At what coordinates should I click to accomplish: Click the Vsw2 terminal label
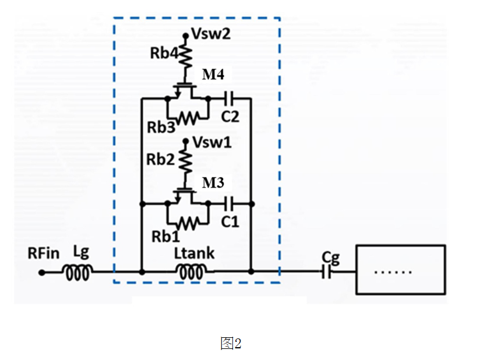[x=211, y=34]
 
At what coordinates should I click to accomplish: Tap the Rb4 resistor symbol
[x=186, y=55]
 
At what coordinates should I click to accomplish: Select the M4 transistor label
[x=213, y=75]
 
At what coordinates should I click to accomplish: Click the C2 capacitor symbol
[x=230, y=99]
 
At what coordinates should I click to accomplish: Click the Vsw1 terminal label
[x=212, y=143]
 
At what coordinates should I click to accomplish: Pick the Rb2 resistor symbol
[x=186, y=161]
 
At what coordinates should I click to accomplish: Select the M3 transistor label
[x=213, y=183]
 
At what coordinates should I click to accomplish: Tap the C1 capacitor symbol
[x=230, y=204]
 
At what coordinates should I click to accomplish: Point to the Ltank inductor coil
[x=191, y=272]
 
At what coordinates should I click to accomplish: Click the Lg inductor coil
[x=78, y=273]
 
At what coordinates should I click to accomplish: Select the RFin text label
[x=44, y=253]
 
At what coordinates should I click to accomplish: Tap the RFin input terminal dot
[x=41, y=273]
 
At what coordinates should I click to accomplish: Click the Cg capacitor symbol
[x=326, y=272]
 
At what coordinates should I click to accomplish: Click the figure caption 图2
[x=231, y=344]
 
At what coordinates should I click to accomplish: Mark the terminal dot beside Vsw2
[x=186, y=36]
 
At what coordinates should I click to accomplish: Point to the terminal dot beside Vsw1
[x=186, y=142]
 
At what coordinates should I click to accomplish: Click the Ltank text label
[x=194, y=253]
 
